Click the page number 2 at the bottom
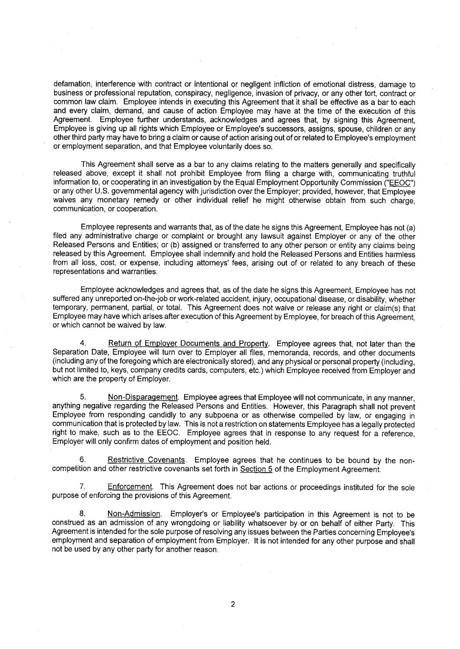pos(233,605)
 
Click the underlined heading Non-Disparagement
pos(143,397)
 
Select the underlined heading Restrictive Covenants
pos(147,460)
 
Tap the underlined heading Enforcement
pos(130,487)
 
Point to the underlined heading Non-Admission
pos(134,514)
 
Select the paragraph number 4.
pos(83,344)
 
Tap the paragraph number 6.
pos(83,460)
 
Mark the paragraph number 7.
pos(83,487)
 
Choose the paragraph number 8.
pos(83,514)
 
